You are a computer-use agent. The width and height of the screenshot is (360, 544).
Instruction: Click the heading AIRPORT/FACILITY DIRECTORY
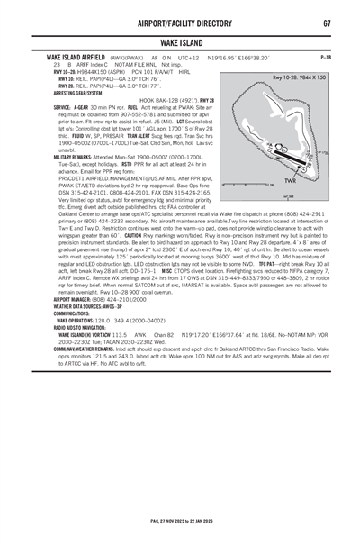[x=180, y=22]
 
